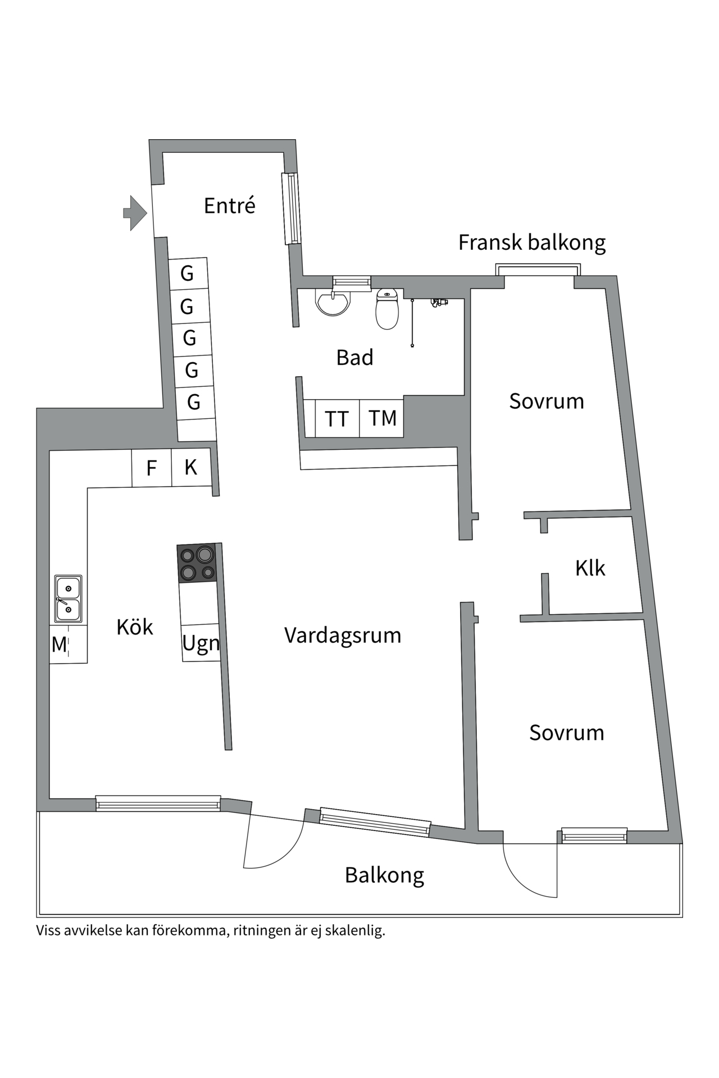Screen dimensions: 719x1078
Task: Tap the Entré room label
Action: [229, 206]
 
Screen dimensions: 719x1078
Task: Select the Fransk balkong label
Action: [531, 243]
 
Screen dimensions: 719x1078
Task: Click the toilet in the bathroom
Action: [387, 309]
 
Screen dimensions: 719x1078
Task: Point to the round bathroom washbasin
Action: [334, 302]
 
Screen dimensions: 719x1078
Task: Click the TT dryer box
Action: [337, 419]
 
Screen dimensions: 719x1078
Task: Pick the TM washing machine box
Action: [382, 418]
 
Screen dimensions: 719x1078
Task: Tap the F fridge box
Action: [151, 468]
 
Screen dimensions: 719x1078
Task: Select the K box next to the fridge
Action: [191, 468]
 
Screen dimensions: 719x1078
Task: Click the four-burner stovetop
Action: [197, 563]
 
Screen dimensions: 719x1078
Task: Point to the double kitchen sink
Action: [68, 599]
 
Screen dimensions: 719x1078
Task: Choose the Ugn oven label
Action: [201, 643]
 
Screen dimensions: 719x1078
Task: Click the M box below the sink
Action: [60, 645]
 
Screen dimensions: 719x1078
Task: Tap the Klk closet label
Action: [590, 568]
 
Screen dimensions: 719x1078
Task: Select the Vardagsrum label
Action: [343, 636]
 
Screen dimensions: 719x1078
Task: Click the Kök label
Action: [135, 627]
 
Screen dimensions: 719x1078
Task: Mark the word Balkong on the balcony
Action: [384, 875]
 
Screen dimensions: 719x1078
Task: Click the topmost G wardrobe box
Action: [188, 273]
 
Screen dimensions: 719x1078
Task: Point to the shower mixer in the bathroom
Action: [439, 303]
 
